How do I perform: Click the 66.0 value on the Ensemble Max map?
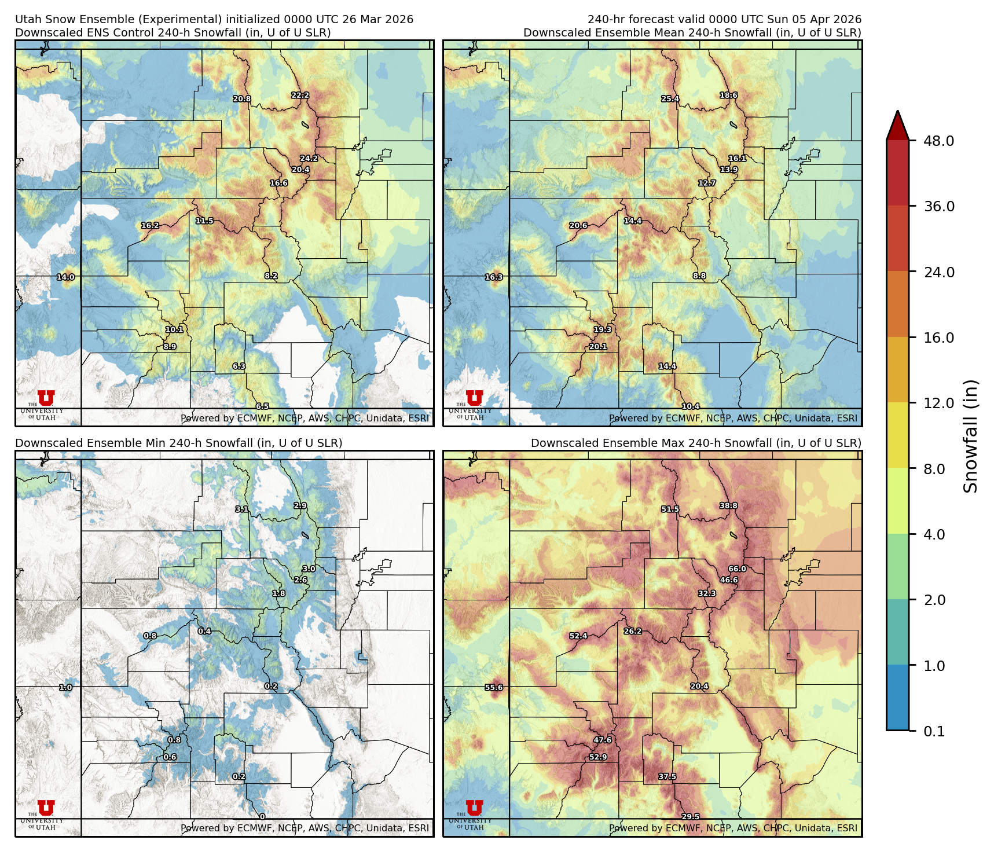[737, 568]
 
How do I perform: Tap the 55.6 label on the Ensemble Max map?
[494, 687]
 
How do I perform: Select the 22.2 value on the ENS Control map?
[300, 95]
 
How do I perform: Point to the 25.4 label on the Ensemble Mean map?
[670, 98]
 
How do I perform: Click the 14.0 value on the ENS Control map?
[65, 277]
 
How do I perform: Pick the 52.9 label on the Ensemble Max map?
[598, 757]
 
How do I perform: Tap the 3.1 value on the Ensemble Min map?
[242, 509]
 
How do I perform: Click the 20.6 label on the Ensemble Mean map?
[578, 225]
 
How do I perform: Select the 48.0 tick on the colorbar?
[938, 141]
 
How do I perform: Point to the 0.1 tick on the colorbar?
[934, 731]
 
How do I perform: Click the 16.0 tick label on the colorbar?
[938, 338]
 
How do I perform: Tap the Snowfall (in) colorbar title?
[971, 435]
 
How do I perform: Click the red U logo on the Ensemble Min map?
[46, 808]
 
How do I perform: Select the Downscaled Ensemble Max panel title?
[696, 443]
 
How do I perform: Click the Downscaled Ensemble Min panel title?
[178, 443]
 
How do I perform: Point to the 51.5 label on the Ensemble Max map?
[670, 509]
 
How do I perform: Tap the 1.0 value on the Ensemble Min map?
[65, 687]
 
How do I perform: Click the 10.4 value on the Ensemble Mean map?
[691, 406]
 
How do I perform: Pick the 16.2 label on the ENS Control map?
[150, 225]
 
